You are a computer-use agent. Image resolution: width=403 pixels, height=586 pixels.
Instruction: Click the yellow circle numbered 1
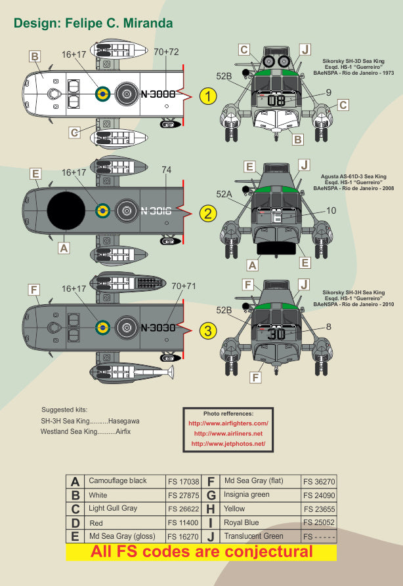point(208,97)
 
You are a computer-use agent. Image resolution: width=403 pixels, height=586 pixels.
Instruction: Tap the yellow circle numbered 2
point(208,213)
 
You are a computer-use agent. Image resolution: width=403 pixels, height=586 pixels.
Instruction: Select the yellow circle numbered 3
point(208,330)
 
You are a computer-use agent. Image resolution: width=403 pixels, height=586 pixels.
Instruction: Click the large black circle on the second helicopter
point(65,212)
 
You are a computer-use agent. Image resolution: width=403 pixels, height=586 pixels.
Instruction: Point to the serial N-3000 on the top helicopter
point(158,94)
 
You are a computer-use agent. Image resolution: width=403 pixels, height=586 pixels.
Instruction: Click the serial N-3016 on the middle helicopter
point(158,211)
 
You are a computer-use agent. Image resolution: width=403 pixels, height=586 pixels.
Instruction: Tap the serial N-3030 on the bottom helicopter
point(158,328)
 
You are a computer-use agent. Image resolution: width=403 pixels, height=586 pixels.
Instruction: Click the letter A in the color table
point(75,481)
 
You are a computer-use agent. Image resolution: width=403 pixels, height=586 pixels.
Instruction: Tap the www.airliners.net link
point(228,434)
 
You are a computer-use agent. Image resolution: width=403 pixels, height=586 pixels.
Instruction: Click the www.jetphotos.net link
point(228,444)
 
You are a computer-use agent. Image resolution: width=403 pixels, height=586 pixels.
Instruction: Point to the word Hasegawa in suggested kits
point(125,421)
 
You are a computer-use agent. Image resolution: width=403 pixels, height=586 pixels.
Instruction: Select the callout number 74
point(166,170)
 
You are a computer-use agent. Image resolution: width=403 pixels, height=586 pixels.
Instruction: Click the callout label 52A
point(224,194)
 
